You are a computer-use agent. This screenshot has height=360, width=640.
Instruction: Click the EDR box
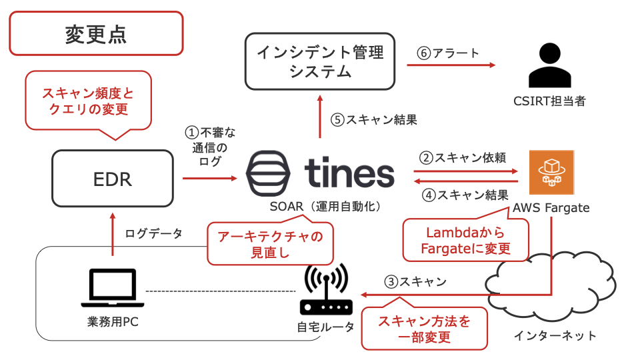click(113, 179)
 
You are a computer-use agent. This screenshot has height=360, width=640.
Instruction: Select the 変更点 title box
click(96, 33)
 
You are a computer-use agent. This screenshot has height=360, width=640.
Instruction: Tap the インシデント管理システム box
click(320, 61)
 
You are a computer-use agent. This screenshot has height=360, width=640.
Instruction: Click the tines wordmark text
click(349, 173)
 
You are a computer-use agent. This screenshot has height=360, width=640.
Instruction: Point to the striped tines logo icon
click(268, 173)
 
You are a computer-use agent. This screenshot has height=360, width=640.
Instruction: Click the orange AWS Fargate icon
click(551, 172)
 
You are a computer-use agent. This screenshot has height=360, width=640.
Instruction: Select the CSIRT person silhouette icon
click(550, 65)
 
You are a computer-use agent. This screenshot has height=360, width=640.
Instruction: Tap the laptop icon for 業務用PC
click(113, 287)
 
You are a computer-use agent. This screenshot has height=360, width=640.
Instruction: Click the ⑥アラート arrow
click(451, 65)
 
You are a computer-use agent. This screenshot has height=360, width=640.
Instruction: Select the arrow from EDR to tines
click(210, 179)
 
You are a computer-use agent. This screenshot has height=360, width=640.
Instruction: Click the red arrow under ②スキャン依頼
click(466, 171)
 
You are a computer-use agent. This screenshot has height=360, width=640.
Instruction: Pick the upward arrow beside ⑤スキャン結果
click(320, 116)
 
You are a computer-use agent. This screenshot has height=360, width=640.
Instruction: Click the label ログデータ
click(154, 233)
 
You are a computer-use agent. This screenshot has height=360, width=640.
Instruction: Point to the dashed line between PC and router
click(221, 291)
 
